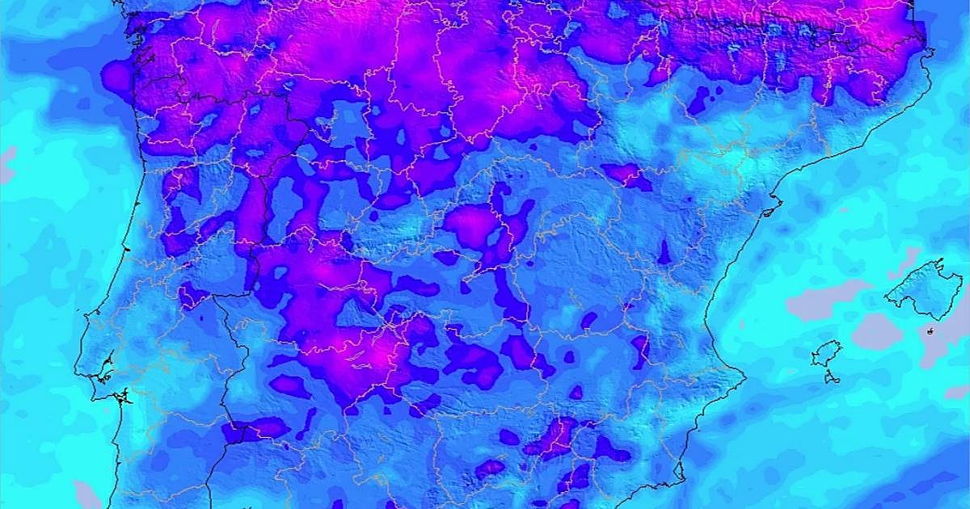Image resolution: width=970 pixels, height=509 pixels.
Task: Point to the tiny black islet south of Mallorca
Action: point(930,330)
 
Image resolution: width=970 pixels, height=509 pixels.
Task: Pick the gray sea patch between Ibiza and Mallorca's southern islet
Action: point(877,331)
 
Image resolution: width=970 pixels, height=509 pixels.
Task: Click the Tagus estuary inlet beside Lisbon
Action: point(103,376)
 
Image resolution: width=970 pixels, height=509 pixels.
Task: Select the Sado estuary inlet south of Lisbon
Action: point(121,397)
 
